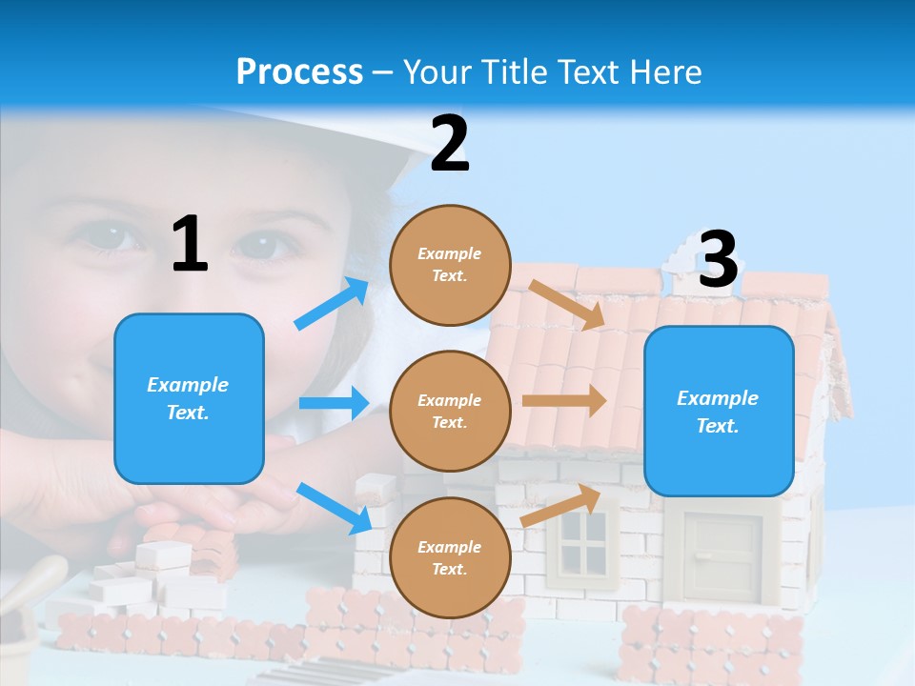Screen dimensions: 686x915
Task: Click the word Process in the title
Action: click(299, 71)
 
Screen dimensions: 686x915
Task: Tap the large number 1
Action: click(190, 245)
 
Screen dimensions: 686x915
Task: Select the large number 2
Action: click(450, 144)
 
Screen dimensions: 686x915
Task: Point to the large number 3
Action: click(718, 259)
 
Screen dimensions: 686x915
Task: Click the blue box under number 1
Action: click(189, 398)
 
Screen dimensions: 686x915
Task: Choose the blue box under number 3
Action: click(719, 412)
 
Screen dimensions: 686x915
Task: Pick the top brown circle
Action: click(450, 265)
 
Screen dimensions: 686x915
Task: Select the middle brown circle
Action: click(450, 412)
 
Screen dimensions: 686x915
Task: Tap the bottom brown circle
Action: click(450, 558)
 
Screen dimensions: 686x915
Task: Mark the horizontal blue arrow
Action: click(334, 403)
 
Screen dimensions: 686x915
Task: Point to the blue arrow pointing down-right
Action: click(334, 508)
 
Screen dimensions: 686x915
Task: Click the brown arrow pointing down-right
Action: click(566, 305)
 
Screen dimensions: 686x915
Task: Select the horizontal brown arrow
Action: click(564, 400)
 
